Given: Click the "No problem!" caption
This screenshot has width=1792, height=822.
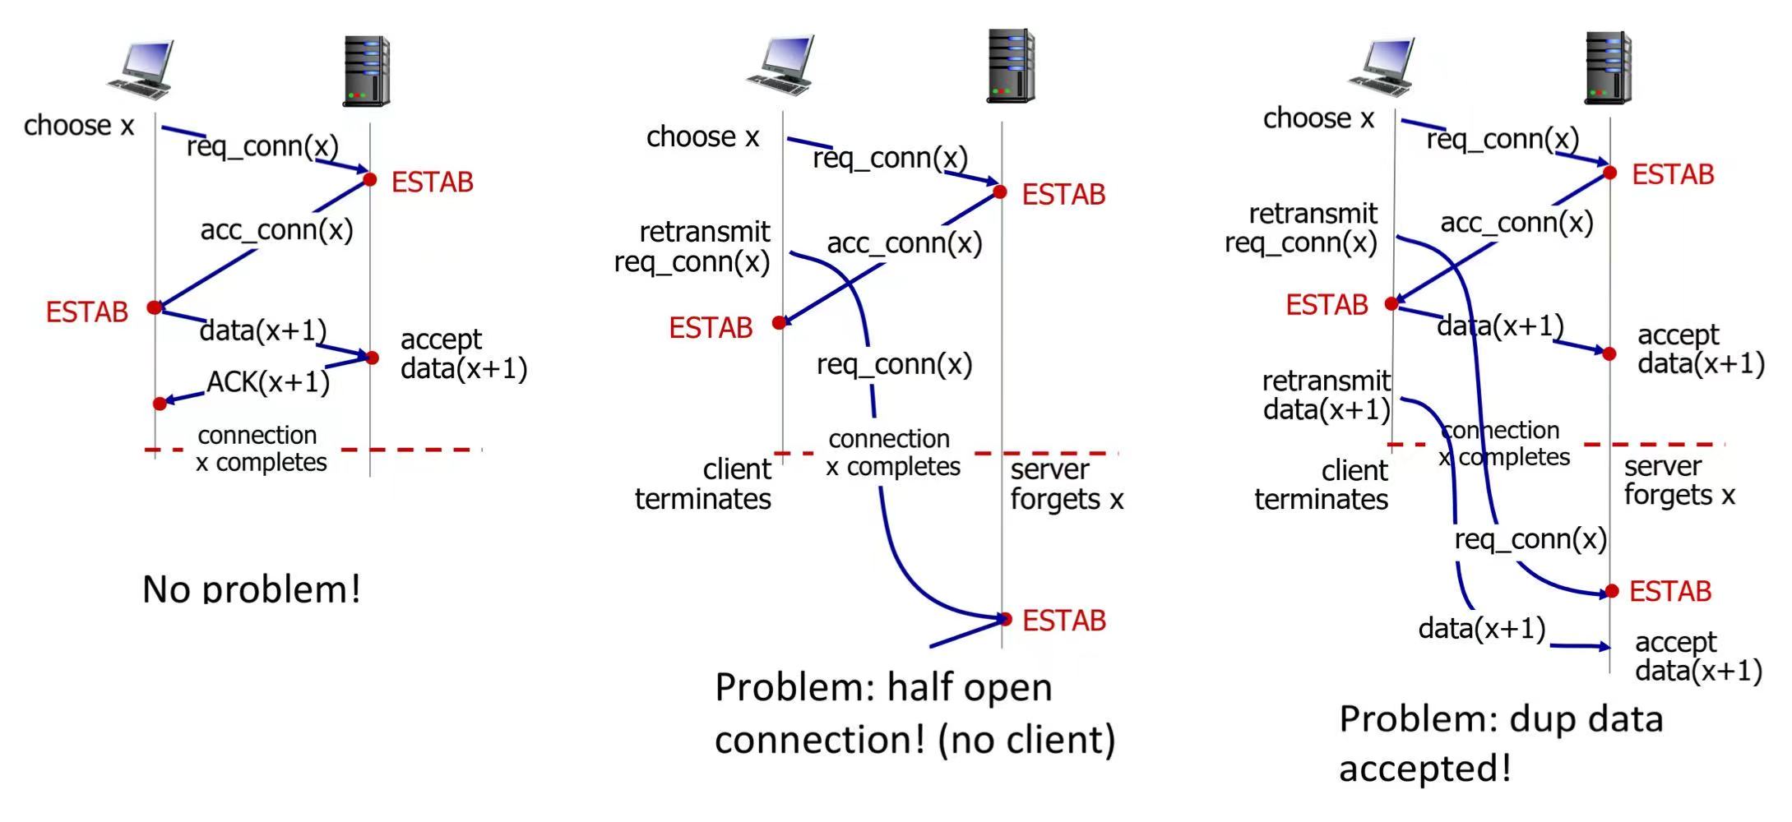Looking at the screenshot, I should pyautogui.click(x=252, y=589).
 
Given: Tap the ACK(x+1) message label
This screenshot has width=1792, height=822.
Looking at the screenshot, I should pyautogui.click(x=267, y=382).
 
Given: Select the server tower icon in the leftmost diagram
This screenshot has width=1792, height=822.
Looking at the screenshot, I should pyautogui.click(x=366, y=71).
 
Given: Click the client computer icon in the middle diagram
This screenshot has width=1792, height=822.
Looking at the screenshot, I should pyautogui.click(x=780, y=63).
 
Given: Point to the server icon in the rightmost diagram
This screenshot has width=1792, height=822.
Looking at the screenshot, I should pyautogui.click(x=1608, y=67).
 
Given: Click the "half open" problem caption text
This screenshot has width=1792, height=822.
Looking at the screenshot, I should pyautogui.click(x=915, y=713).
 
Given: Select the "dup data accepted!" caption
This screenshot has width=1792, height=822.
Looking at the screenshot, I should pyautogui.click(x=1500, y=743).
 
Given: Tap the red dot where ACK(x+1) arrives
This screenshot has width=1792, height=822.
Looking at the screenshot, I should pyautogui.click(x=160, y=404).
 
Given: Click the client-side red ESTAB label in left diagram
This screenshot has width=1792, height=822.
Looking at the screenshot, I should pyautogui.click(x=87, y=312).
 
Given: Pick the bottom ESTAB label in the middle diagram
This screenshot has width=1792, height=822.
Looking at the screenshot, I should pyautogui.click(x=1063, y=621).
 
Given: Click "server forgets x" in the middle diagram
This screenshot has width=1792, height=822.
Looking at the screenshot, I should pyautogui.click(x=1066, y=484).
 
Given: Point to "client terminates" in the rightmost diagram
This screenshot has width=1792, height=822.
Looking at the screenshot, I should pyautogui.click(x=1321, y=485).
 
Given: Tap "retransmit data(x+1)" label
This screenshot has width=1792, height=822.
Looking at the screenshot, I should pyautogui.click(x=1326, y=395).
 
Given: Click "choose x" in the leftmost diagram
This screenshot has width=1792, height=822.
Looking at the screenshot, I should pyautogui.click(x=79, y=126).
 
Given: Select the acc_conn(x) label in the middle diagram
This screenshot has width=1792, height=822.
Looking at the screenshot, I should pyautogui.click(x=904, y=243).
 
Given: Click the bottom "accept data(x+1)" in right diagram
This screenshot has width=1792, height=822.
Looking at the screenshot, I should pyautogui.click(x=1697, y=656).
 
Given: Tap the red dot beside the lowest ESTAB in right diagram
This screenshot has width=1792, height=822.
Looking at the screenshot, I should pyautogui.click(x=1612, y=591).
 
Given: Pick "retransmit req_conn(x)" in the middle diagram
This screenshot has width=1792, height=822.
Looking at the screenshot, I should pyautogui.click(x=692, y=247).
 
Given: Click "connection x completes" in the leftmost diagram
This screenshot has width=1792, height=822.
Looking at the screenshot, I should pyautogui.click(x=261, y=449).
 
